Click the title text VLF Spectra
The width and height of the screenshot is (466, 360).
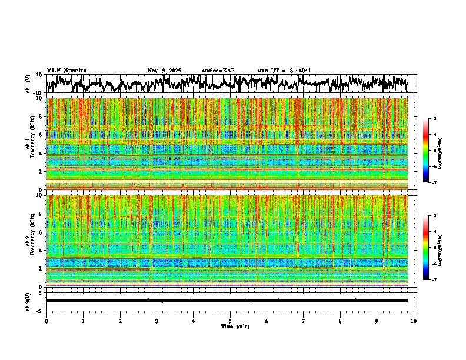(66, 71)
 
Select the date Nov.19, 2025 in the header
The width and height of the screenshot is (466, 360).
(164, 71)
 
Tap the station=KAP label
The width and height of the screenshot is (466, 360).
(218, 71)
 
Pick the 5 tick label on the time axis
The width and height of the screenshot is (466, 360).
(230, 321)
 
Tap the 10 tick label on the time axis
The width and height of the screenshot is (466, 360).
(414, 321)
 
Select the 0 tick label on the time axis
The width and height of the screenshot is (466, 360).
(46, 321)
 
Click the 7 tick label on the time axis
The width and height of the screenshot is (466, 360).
(304, 321)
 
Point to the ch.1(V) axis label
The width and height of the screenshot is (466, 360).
(28, 83)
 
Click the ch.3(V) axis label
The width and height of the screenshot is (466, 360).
(28, 300)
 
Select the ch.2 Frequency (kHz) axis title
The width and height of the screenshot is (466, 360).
(28, 240)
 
